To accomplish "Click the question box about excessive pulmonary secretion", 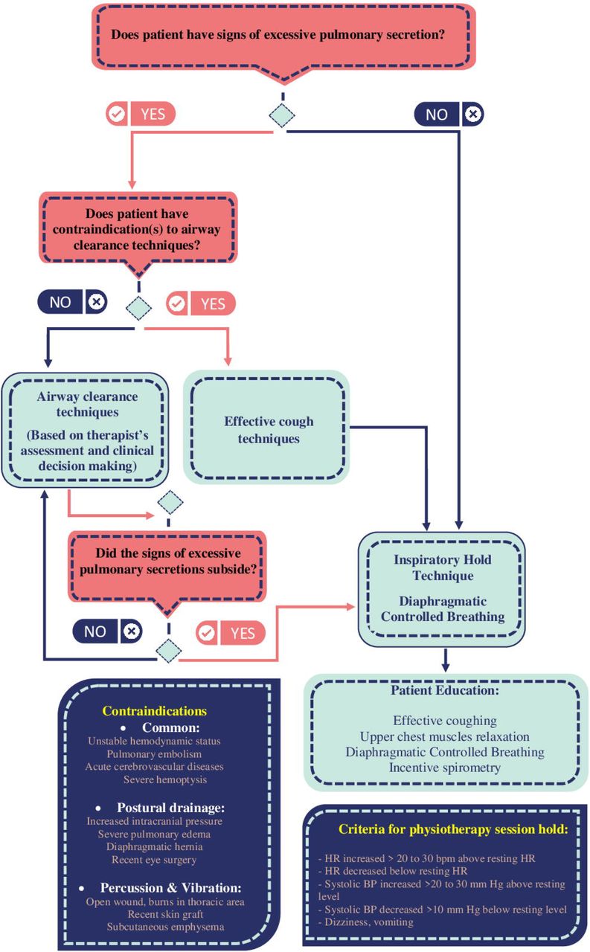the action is [283, 36].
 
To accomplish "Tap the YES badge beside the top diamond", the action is [141, 114].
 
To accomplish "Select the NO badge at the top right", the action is [449, 115].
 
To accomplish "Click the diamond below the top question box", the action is [282, 115].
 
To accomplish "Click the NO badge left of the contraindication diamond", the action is [73, 302].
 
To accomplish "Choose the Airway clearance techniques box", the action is [86, 430].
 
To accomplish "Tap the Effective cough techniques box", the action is [266, 427].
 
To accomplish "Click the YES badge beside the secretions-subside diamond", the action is [231, 633].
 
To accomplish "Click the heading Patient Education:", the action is [445, 690].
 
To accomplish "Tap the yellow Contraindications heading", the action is [154, 711].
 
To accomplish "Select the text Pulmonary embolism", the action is [154, 754].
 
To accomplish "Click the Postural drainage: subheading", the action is [170, 808].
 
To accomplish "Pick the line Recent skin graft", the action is [165, 914].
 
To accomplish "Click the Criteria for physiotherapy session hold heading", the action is [453, 829].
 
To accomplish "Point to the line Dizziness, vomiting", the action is [365, 922].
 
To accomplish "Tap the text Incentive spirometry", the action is [445, 768].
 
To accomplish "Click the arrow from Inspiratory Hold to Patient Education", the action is [445, 660].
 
